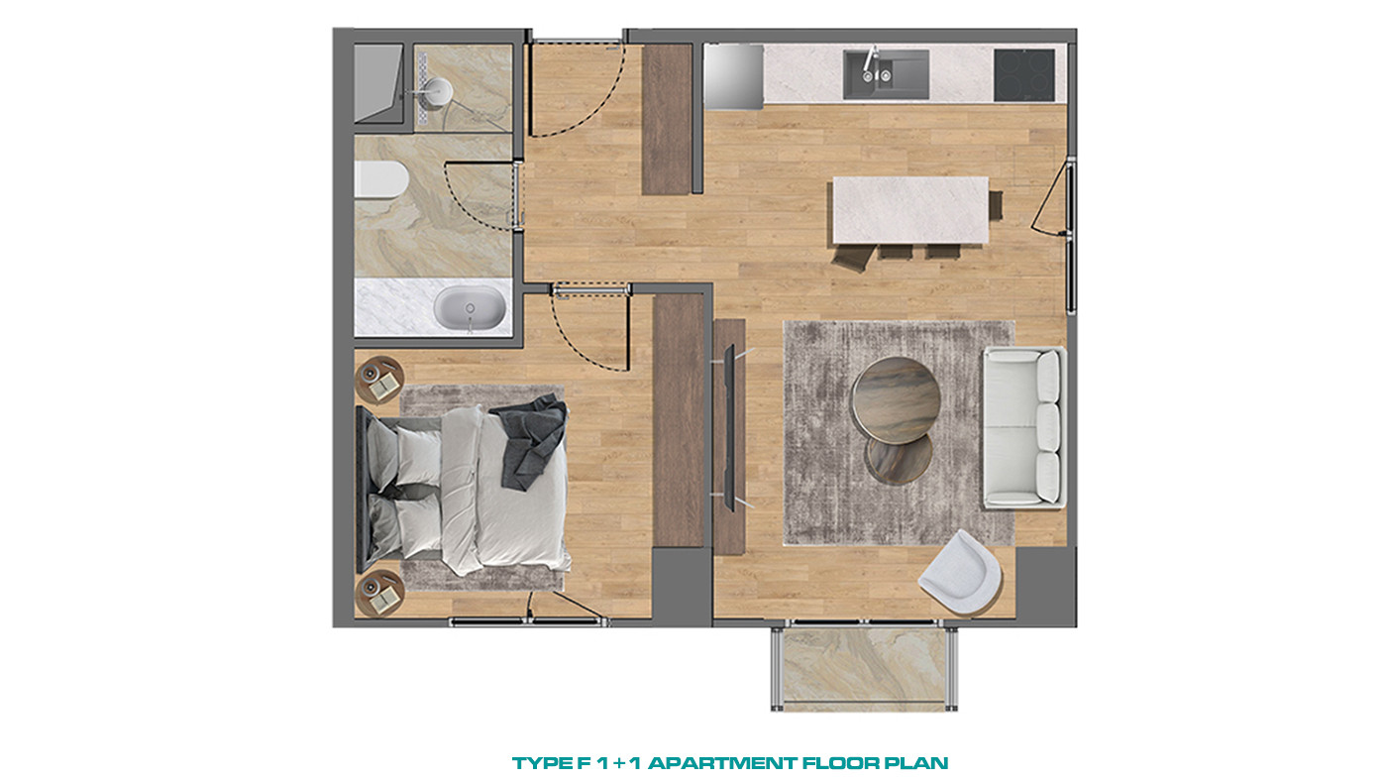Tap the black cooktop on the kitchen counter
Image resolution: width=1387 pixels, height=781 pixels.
(x=1024, y=75)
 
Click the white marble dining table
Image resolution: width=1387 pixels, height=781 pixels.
(x=910, y=210)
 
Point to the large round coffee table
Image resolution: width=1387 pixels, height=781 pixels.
(x=896, y=399)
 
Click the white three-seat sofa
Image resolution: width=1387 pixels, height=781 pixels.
(x=1023, y=428)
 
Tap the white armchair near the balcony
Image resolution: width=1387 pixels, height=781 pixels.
(x=960, y=572)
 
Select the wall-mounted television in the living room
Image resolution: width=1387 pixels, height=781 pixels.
(x=730, y=427)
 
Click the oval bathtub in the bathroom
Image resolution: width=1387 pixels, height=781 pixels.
(x=470, y=308)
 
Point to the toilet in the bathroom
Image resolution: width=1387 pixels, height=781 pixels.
(x=380, y=179)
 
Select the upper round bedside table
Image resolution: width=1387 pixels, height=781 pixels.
(x=379, y=380)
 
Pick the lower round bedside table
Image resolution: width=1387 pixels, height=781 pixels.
(x=379, y=594)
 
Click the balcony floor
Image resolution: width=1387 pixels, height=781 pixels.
(x=864, y=669)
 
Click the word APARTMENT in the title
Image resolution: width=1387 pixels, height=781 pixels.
(x=722, y=763)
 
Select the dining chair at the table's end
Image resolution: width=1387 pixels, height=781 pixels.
(x=996, y=205)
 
